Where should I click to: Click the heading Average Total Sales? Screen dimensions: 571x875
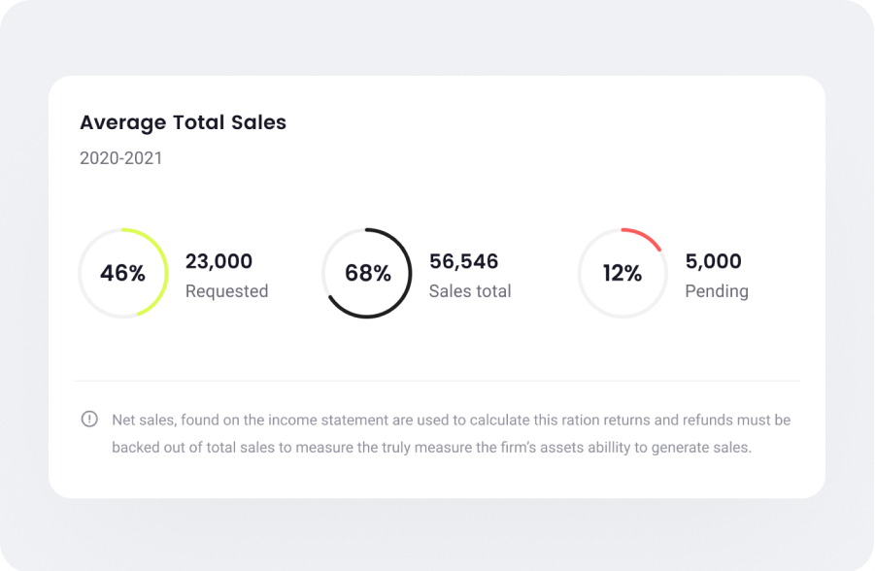(183, 122)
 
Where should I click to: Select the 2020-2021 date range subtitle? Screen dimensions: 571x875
(121, 158)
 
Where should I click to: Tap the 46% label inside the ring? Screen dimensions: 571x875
(122, 274)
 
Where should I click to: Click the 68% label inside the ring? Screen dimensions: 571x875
(367, 274)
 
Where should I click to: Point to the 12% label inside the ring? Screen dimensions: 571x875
(623, 274)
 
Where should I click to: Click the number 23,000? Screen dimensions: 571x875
(219, 261)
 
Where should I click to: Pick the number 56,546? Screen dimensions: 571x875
(463, 261)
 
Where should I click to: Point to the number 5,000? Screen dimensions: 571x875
(713, 261)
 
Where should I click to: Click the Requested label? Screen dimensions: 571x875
(226, 291)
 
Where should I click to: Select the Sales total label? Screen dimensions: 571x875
(470, 291)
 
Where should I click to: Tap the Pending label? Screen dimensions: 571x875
(717, 291)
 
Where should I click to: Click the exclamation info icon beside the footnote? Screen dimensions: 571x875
(89, 420)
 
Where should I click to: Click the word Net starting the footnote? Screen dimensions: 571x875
(123, 420)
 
